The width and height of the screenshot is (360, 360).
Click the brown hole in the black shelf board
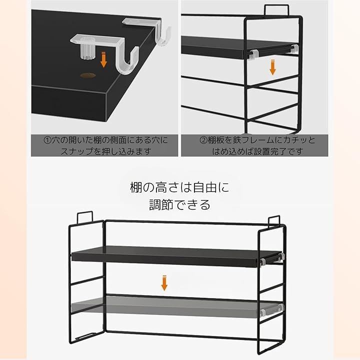pos(87,75)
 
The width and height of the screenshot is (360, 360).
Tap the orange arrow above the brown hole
pos(104,59)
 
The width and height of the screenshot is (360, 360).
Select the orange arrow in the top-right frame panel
pos(272,67)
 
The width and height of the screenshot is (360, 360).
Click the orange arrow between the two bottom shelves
pos(164,282)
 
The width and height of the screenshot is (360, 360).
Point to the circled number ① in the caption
pos(47,140)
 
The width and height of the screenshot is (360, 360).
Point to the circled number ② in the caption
pos(203,140)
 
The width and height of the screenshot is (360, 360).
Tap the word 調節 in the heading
pos(160,205)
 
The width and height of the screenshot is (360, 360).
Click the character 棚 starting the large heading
pos(136,187)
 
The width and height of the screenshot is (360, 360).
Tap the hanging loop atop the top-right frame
pos(276,9)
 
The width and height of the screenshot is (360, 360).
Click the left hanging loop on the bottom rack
pos(84,217)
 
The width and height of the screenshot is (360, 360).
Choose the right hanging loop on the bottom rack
pos(274,221)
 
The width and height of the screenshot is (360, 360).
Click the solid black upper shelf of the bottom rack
pos(176,256)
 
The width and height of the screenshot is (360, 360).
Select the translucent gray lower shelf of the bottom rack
pos(176,306)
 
